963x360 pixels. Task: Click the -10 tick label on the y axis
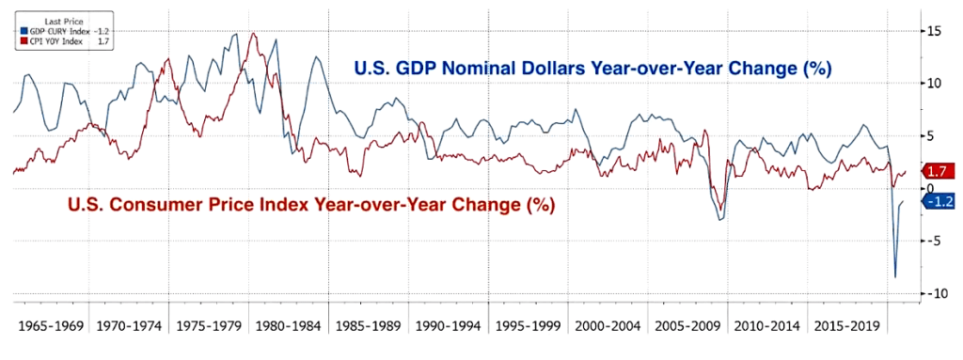pos(933,293)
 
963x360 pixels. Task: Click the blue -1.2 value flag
pos(939,202)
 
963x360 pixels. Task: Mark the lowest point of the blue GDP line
pos(894,276)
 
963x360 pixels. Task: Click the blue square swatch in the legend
pos(18,30)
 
